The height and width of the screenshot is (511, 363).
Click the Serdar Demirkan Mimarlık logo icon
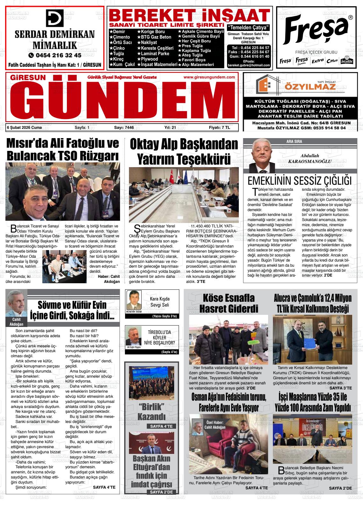(55, 18)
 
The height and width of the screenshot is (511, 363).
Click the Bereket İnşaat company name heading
(190, 15)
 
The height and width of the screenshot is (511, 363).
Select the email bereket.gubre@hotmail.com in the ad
(249, 65)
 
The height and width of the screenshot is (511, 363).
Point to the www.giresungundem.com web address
(209, 77)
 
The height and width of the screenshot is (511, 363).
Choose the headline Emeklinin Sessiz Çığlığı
(299, 181)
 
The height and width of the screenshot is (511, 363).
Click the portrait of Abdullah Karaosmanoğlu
(262, 156)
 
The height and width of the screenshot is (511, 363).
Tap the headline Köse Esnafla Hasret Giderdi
(229, 303)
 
